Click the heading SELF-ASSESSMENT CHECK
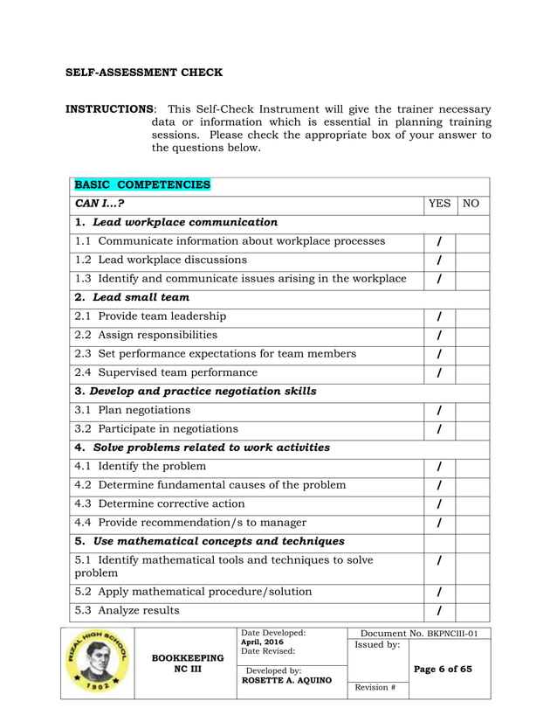[x=144, y=73]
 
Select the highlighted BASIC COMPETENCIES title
[x=142, y=185]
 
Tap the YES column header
[x=439, y=204]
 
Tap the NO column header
[x=471, y=204]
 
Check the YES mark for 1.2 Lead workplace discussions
[x=439, y=260]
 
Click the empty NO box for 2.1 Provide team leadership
[x=471, y=316]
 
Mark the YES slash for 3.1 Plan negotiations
[x=439, y=410]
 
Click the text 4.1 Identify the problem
[x=141, y=466]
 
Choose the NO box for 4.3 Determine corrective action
[x=471, y=504]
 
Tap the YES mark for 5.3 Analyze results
[x=439, y=611]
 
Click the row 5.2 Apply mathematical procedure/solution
[x=193, y=592]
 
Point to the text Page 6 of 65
[x=444, y=670]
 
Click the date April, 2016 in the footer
[x=263, y=642]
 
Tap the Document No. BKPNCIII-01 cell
[x=419, y=633]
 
